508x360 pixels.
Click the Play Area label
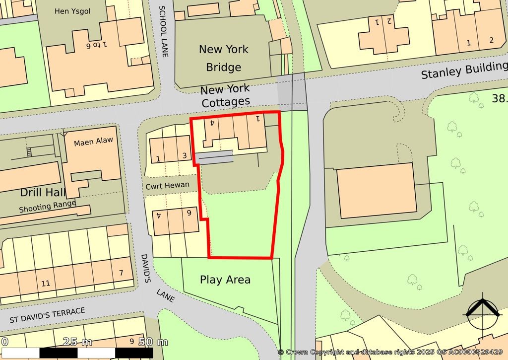click(225, 280)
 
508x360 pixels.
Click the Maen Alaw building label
click(93, 142)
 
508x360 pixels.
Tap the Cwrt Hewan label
click(168, 185)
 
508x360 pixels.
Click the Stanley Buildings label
click(463, 71)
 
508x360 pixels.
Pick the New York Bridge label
click(224, 58)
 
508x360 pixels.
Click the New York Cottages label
click(225, 96)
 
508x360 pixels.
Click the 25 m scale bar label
click(77, 342)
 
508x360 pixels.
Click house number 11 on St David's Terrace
click(46, 284)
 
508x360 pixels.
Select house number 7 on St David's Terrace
click(121, 273)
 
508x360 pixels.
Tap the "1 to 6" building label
click(97, 45)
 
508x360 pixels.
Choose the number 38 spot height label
click(499, 99)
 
